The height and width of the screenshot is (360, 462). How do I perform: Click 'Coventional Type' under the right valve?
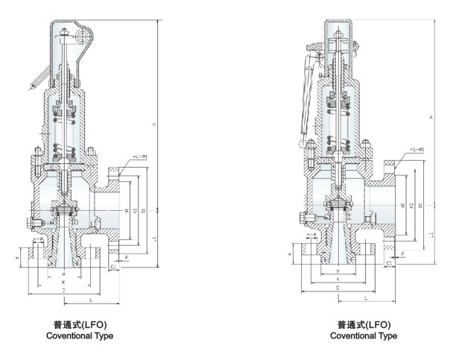point(364,336)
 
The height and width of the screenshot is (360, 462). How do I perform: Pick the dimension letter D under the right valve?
point(338,287)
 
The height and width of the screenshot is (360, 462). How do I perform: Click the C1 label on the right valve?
point(390,264)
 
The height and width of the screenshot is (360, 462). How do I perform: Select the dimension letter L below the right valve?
point(366,297)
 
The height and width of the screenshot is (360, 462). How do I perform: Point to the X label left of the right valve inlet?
point(291,255)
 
